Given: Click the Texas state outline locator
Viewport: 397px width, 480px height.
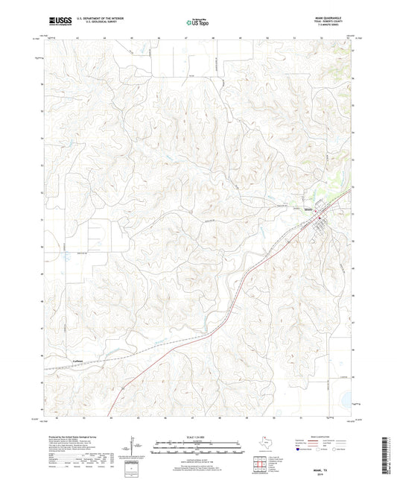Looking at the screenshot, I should pyautogui.click(x=263, y=442).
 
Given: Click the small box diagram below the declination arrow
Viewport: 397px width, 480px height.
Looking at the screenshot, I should pyautogui.click(x=133, y=467).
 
